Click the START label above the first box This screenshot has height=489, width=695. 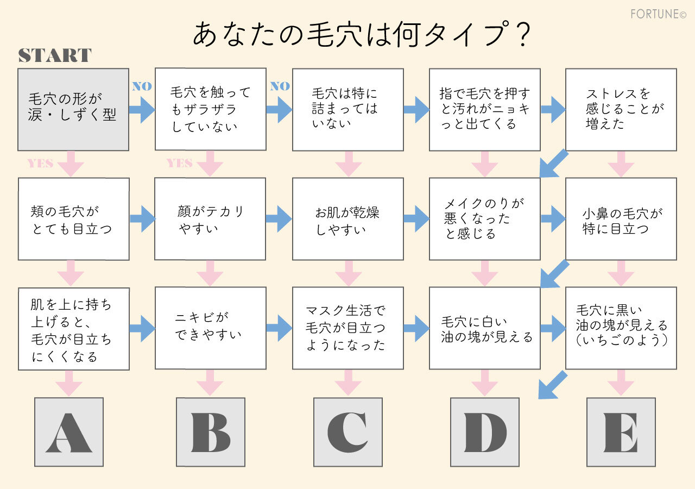tap(55, 55)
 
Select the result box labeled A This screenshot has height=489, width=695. tap(69, 432)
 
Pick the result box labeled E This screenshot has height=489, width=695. tap(621, 432)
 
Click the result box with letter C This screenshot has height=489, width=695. tap(347, 432)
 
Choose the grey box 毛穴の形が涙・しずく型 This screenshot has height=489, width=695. tap(73, 109)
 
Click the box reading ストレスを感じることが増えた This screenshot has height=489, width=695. tap(621, 109)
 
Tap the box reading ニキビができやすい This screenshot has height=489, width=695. tap(210, 328)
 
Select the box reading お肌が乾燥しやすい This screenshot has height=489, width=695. tap(347, 218)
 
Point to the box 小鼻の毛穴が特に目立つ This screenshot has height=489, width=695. tap(621, 218)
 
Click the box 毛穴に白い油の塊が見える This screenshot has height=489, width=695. tap(484, 328)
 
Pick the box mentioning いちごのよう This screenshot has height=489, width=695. tap(621, 328)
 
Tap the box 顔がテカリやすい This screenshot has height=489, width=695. tap(210, 218)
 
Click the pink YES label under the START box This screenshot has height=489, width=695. tap(40, 164)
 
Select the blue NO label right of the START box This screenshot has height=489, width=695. tap(142, 86)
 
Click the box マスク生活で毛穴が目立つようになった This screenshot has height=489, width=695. tap(347, 328)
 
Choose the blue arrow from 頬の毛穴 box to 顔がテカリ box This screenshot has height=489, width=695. tap(142, 218)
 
